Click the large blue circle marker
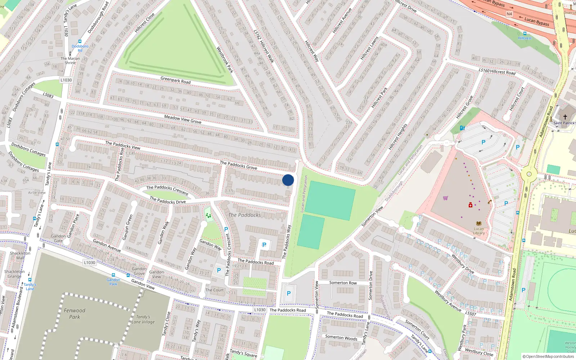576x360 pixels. point(288,180)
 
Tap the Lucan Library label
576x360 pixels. point(479,231)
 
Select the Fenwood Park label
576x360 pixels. point(75,314)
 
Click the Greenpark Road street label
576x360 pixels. point(176,80)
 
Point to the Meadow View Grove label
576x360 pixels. point(183,120)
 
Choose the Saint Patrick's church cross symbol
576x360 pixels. point(565,117)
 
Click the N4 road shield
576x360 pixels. point(509,14)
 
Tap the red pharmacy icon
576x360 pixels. point(470,205)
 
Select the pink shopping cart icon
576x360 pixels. point(445,198)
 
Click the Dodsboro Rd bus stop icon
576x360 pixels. point(80,41)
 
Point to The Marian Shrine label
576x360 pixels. point(70,60)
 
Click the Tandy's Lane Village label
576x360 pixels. point(143,319)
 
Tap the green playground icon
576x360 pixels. point(208,215)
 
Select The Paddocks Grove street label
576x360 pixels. point(238,165)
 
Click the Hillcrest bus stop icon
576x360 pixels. point(525,33)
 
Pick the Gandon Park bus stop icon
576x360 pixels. point(113,275)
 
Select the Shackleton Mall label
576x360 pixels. point(20,255)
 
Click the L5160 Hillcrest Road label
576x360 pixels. point(497,71)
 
